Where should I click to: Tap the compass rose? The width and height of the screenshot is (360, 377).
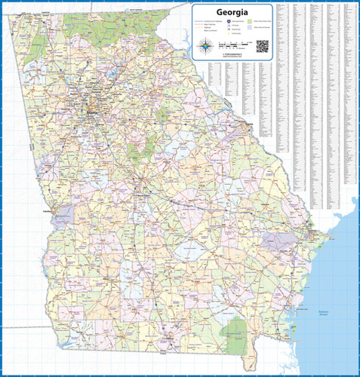point(206,47)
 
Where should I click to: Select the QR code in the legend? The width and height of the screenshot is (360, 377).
point(263,46)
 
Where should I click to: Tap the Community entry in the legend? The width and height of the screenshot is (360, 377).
point(235,34)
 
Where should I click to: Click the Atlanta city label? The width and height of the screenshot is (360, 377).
point(92,112)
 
